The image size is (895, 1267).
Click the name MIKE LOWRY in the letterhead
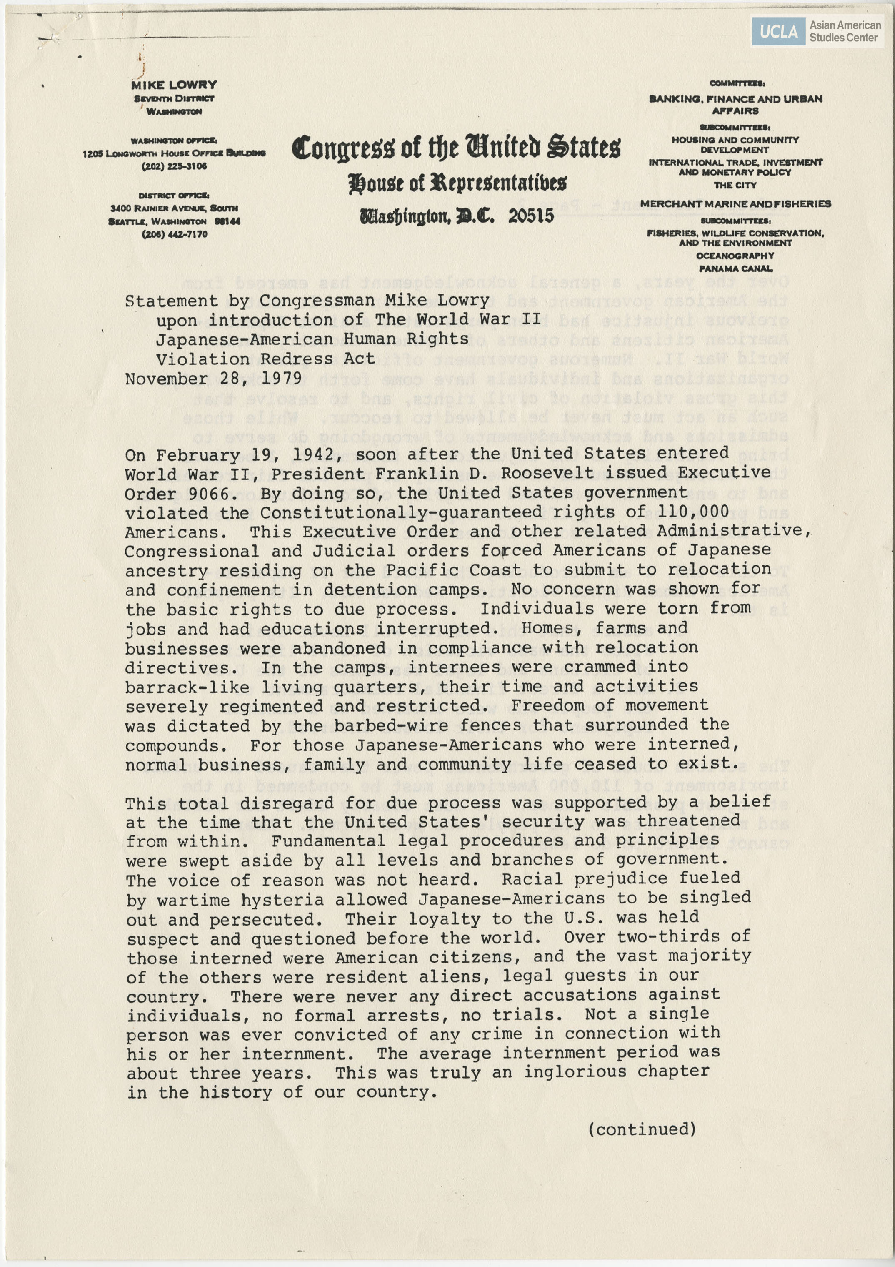coord(174,85)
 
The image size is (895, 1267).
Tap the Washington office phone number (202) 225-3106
coord(174,166)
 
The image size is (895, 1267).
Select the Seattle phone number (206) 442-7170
coord(174,234)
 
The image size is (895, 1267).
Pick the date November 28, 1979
coord(213,379)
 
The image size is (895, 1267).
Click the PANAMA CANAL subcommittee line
coord(736,269)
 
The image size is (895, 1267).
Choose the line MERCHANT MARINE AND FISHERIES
coord(736,203)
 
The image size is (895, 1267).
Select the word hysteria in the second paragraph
coord(282,900)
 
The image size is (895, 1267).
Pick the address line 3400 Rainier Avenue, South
coord(174,208)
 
